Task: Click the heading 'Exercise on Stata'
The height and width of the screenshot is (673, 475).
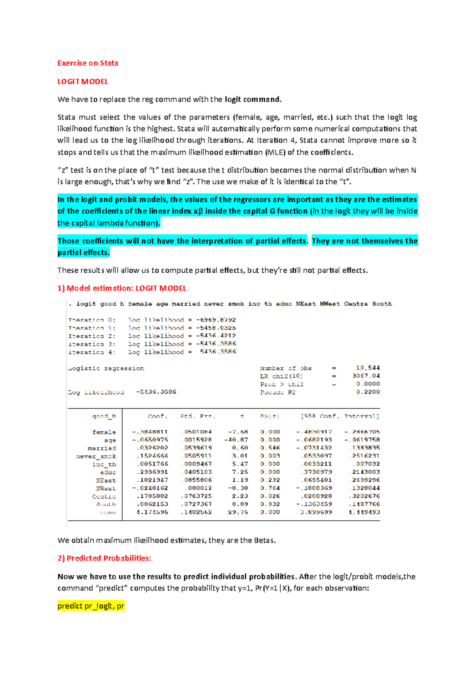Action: [87, 63]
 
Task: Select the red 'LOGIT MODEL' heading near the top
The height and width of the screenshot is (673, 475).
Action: [83, 82]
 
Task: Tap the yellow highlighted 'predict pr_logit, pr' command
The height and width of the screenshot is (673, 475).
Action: [91, 606]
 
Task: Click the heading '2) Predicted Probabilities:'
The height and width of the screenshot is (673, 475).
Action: [104, 558]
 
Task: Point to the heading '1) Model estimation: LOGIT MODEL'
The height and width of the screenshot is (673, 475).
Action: [122, 288]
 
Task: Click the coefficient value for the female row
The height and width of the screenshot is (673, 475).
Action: [150, 432]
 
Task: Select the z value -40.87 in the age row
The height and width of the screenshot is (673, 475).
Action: [236, 440]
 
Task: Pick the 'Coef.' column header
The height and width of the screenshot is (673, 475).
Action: [158, 416]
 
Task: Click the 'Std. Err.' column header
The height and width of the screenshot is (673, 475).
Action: [198, 416]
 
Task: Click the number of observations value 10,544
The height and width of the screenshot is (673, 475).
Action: [368, 368]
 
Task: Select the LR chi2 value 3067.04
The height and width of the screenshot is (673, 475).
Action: [366, 376]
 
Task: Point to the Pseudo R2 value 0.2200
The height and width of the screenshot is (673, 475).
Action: [368, 392]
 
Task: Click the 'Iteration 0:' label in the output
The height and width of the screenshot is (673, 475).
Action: [92, 320]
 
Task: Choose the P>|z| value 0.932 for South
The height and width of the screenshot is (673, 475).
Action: [270, 504]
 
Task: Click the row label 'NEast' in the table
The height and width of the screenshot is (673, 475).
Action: [106, 480]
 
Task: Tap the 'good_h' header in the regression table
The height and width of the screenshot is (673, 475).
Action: [104, 416]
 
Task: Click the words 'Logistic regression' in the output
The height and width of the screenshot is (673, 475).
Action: [106, 368]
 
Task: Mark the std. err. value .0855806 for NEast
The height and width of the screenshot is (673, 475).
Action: [196, 480]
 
